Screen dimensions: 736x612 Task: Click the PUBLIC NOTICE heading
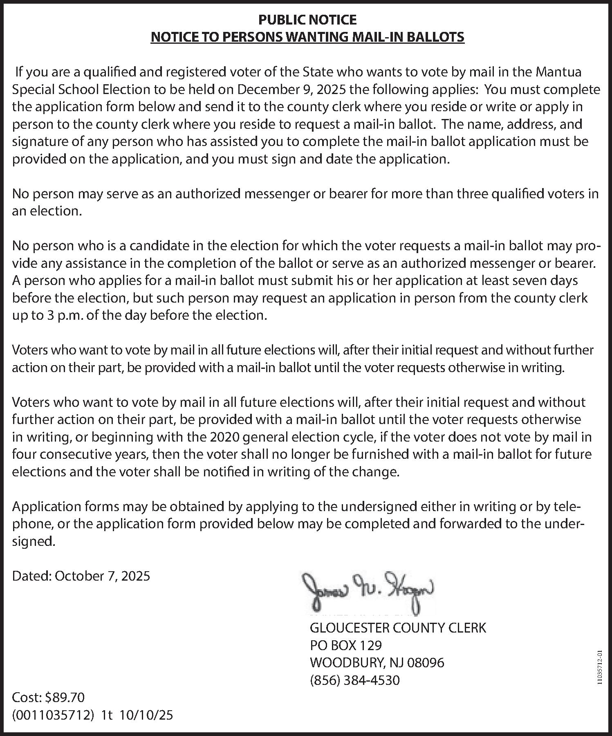[307, 20]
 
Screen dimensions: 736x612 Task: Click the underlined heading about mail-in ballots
[307, 37]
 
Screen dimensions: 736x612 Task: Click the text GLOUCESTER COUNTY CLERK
[398, 628]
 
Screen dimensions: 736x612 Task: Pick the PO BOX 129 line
[345, 645]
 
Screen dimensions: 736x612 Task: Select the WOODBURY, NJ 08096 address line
[377, 662]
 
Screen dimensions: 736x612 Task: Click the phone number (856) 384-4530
[355, 680]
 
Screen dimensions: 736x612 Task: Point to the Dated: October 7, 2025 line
[81, 576]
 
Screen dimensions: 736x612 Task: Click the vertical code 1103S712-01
[600, 667]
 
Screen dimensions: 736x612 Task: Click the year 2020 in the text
[224, 437]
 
